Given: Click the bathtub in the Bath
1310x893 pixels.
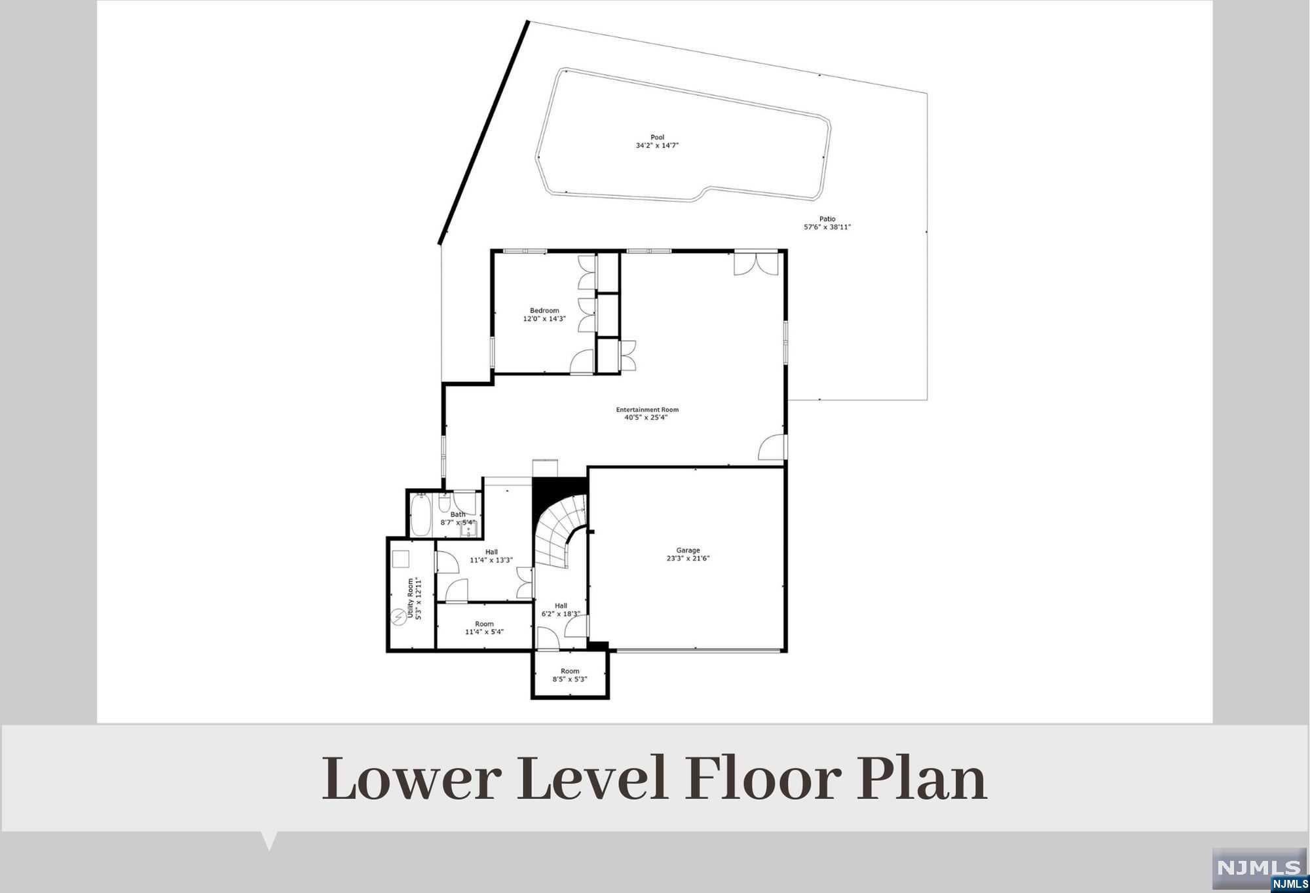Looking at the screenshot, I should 420,515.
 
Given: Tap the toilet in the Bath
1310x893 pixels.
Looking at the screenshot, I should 444,504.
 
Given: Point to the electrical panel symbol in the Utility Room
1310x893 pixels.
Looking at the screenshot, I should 398,617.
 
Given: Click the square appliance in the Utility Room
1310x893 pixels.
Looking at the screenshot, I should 400,559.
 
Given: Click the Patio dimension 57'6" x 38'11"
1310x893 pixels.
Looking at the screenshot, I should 827,227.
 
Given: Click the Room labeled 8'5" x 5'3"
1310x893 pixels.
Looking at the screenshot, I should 570,675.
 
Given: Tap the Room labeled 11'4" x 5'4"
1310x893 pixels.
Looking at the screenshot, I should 484,628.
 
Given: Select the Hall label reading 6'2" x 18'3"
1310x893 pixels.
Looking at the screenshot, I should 561,610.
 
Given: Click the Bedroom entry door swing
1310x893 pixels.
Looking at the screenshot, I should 582,362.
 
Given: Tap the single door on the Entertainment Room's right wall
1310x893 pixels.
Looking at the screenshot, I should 772,447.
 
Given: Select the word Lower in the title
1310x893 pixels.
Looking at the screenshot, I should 411,778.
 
